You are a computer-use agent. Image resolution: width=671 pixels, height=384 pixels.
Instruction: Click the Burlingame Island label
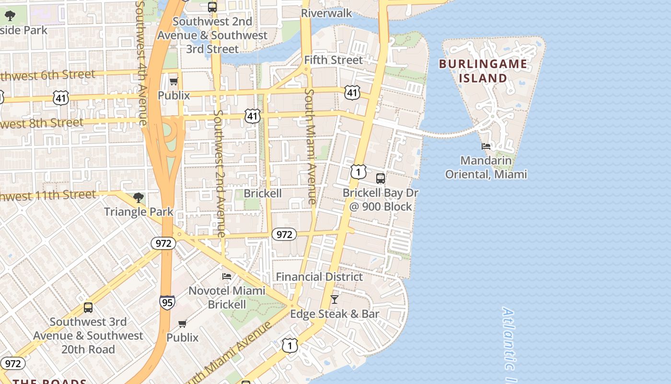click(483, 71)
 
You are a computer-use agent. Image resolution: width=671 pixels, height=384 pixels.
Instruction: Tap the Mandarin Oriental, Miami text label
click(486, 167)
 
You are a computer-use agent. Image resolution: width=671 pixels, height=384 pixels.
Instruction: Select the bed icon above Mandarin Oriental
click(486, 146)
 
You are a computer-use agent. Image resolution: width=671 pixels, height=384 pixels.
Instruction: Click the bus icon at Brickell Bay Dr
click(381, 179)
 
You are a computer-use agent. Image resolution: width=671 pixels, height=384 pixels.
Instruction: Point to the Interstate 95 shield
click(167, 302)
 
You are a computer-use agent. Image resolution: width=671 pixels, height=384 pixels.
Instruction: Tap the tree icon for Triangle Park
click(138, 197)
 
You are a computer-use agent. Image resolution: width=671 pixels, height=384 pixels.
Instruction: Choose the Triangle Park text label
click(139, 212)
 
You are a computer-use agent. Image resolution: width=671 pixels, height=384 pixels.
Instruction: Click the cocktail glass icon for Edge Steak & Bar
click(335, 300)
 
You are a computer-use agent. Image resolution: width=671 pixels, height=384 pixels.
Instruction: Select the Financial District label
click(319, 277)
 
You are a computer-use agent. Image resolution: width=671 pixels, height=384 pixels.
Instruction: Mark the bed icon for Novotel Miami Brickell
click(227, 276)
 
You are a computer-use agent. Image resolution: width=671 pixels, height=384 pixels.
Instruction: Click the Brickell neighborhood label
click(263, 193)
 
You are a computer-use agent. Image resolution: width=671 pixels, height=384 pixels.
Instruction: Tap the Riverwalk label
click(326, 13)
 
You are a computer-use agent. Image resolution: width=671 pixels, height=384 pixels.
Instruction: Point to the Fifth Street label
click(334, 60)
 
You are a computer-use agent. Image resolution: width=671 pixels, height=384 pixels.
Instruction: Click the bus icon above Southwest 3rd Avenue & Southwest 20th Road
click(88, 308)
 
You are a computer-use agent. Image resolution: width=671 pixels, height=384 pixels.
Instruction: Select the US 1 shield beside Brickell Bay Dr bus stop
click(358, 172)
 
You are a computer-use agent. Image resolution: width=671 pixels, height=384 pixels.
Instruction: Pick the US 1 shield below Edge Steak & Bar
click(289, 345)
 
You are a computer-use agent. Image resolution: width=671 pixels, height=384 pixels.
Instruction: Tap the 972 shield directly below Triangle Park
click(163, 243)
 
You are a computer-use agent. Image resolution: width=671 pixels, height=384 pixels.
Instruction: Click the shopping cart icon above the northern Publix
click(174, 81)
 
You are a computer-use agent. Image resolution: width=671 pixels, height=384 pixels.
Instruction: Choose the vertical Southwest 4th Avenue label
click(141, 62)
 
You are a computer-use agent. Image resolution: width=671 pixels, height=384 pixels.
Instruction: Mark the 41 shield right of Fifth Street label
click(352, 93)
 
